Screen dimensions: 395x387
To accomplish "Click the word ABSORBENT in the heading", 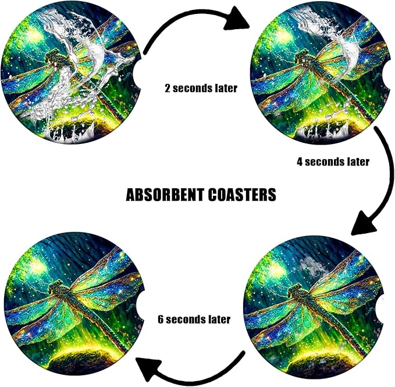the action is [x=165, y=195].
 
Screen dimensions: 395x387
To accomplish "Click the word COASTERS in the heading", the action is [x=242, y=195].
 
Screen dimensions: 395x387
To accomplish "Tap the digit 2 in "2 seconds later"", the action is [x=168, y=89].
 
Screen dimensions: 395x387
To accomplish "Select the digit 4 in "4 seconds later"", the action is [x=300, y=161].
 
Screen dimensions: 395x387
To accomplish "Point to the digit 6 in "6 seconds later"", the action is [x=161, y=319].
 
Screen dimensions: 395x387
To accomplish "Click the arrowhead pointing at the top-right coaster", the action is [x=236, y=19].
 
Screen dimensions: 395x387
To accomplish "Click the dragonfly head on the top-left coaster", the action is [x=51, y=56].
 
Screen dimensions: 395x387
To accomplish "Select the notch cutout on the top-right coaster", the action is [x=385, y=74].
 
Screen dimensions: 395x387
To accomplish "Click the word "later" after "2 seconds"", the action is [x=226, y=89].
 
